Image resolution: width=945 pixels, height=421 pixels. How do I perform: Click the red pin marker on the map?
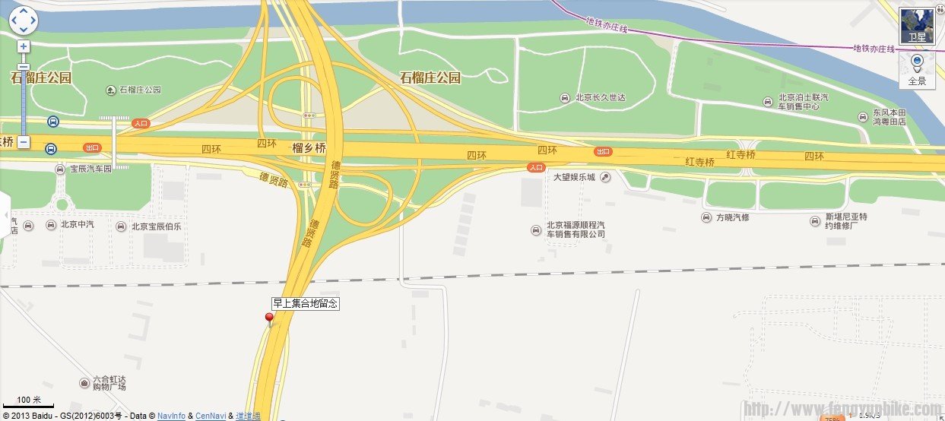269,318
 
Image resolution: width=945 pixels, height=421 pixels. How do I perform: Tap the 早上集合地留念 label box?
305,303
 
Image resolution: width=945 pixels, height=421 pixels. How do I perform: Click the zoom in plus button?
24,46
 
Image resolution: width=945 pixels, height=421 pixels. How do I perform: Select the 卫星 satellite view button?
917,27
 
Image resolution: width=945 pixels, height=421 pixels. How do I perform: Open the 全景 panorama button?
917,71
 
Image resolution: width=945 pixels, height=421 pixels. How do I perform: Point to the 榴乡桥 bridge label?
309,148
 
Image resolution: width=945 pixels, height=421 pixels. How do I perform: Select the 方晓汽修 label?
732,217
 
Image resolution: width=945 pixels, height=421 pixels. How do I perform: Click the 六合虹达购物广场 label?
107,382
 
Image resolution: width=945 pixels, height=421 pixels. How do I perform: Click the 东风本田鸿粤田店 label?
889,117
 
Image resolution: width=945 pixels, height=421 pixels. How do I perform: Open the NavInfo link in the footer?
171,416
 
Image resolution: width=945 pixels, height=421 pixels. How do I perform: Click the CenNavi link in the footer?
211,416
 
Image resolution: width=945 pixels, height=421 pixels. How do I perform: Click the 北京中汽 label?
77,226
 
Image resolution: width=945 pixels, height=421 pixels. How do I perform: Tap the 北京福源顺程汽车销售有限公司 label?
576,229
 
